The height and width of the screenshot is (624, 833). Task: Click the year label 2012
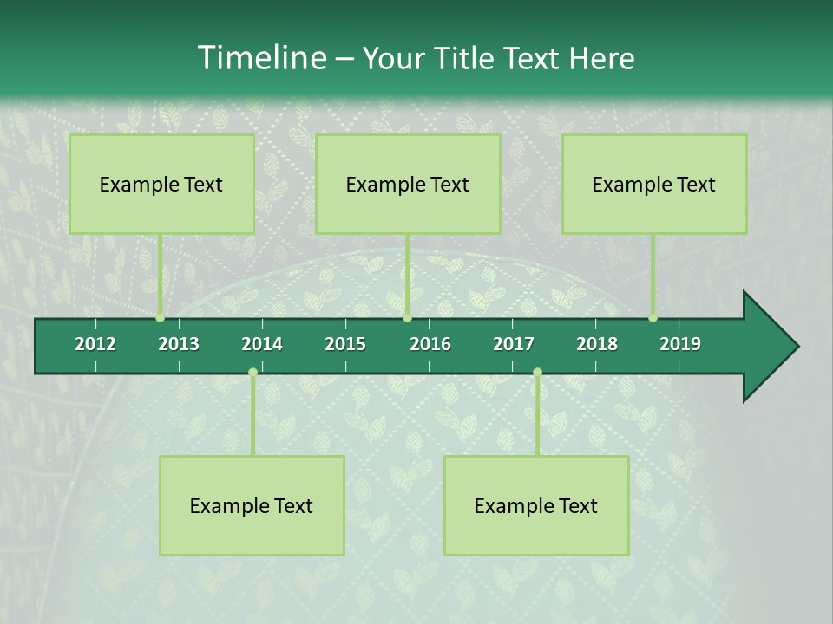[x=95, y=344]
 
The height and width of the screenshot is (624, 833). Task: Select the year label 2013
[x=179, y=344]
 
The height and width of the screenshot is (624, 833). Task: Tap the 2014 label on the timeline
[x=262, y=344]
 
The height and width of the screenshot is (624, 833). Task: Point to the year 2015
[x=345, y=344]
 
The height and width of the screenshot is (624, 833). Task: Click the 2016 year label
[x=430, y=344]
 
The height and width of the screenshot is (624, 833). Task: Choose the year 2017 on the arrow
[x=514, y=344]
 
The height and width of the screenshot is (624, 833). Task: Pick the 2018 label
[x=597, y=344]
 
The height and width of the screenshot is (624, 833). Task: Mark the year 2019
[x=680, y=344]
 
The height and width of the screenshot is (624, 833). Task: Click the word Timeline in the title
[x=261, y=58]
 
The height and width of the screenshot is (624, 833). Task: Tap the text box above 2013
[x=161, y=184]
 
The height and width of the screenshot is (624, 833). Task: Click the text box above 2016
[x=408, y=184]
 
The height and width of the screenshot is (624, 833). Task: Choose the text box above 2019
[x=654, y=184]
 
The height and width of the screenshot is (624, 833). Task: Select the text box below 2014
[x=252, y=505]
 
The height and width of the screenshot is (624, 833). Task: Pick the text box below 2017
[x=536, y=505]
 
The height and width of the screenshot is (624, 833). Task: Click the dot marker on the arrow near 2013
[x=160, y=318]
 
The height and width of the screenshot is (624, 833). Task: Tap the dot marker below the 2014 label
[x=253, y=373]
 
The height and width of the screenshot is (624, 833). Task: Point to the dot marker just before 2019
[x=653, y=318]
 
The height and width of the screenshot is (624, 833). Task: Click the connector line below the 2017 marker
[x=537, y=416]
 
